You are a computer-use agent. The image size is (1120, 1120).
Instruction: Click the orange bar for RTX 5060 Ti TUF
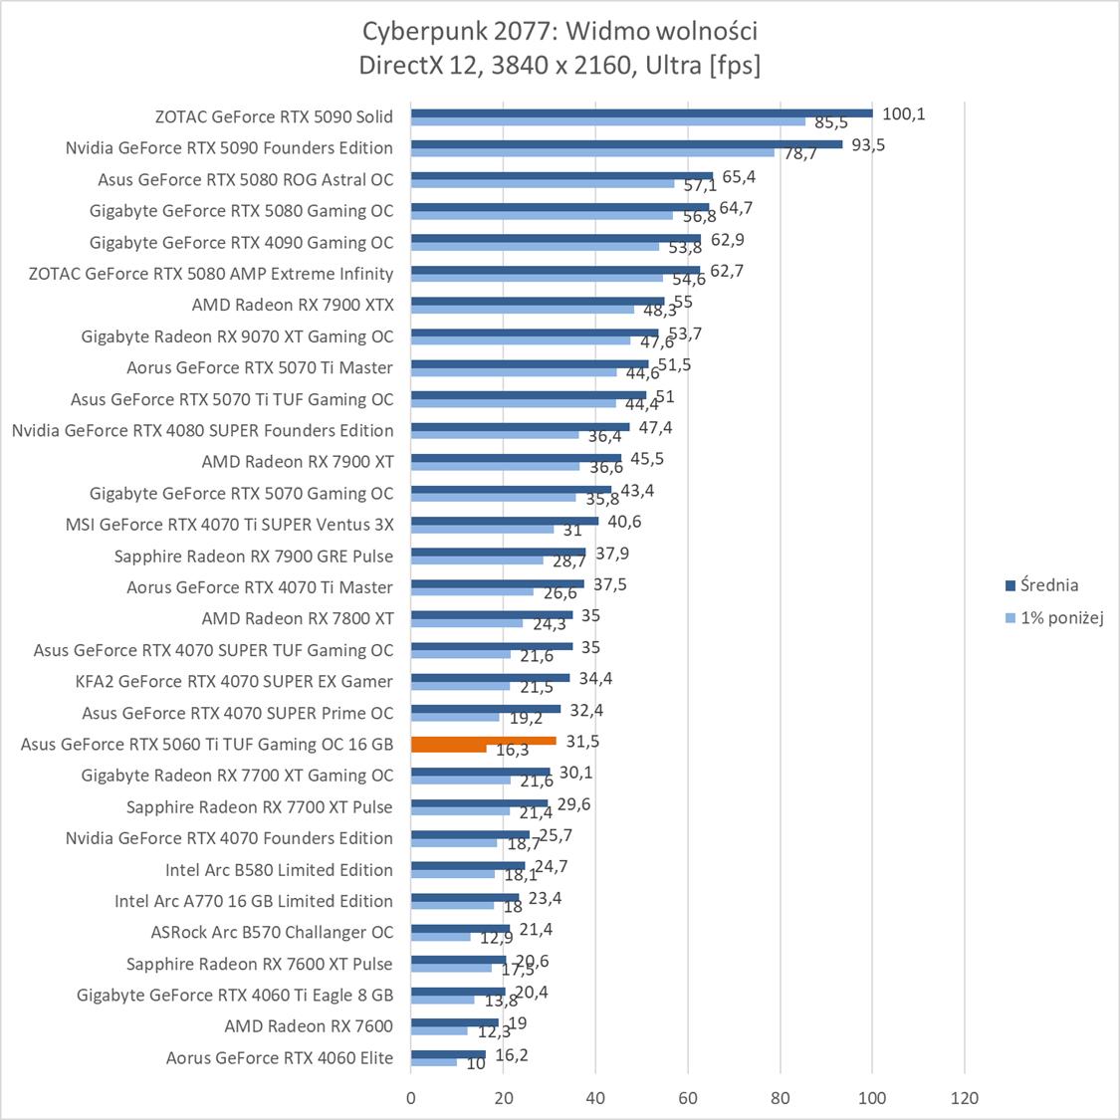(483, 741)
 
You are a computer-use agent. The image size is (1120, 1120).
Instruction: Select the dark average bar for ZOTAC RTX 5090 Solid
(641, 112)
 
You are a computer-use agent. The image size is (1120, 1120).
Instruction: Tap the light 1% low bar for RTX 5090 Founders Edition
(592, 152)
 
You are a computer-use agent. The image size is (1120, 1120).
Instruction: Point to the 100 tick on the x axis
(872, 1098)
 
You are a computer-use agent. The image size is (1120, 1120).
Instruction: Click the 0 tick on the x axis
(411, 1098)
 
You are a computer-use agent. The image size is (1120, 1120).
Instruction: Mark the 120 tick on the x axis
(964, 1098)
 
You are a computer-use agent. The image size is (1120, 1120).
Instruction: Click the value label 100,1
(904, 113)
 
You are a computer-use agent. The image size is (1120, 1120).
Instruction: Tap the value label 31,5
(583, 741)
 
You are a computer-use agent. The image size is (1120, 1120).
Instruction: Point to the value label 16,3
(512, 751)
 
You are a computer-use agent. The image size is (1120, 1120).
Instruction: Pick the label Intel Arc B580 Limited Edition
(279, 869)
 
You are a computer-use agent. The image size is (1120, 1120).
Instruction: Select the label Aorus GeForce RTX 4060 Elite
(280, 1057)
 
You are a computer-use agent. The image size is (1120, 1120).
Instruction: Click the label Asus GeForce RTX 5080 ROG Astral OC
(246, 179)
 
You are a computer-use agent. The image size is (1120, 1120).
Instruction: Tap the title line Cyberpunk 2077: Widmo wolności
(560, 31)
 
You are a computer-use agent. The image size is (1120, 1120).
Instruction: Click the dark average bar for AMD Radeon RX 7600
(455, 1021)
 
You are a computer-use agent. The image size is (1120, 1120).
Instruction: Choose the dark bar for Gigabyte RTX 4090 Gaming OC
(556, 238)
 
